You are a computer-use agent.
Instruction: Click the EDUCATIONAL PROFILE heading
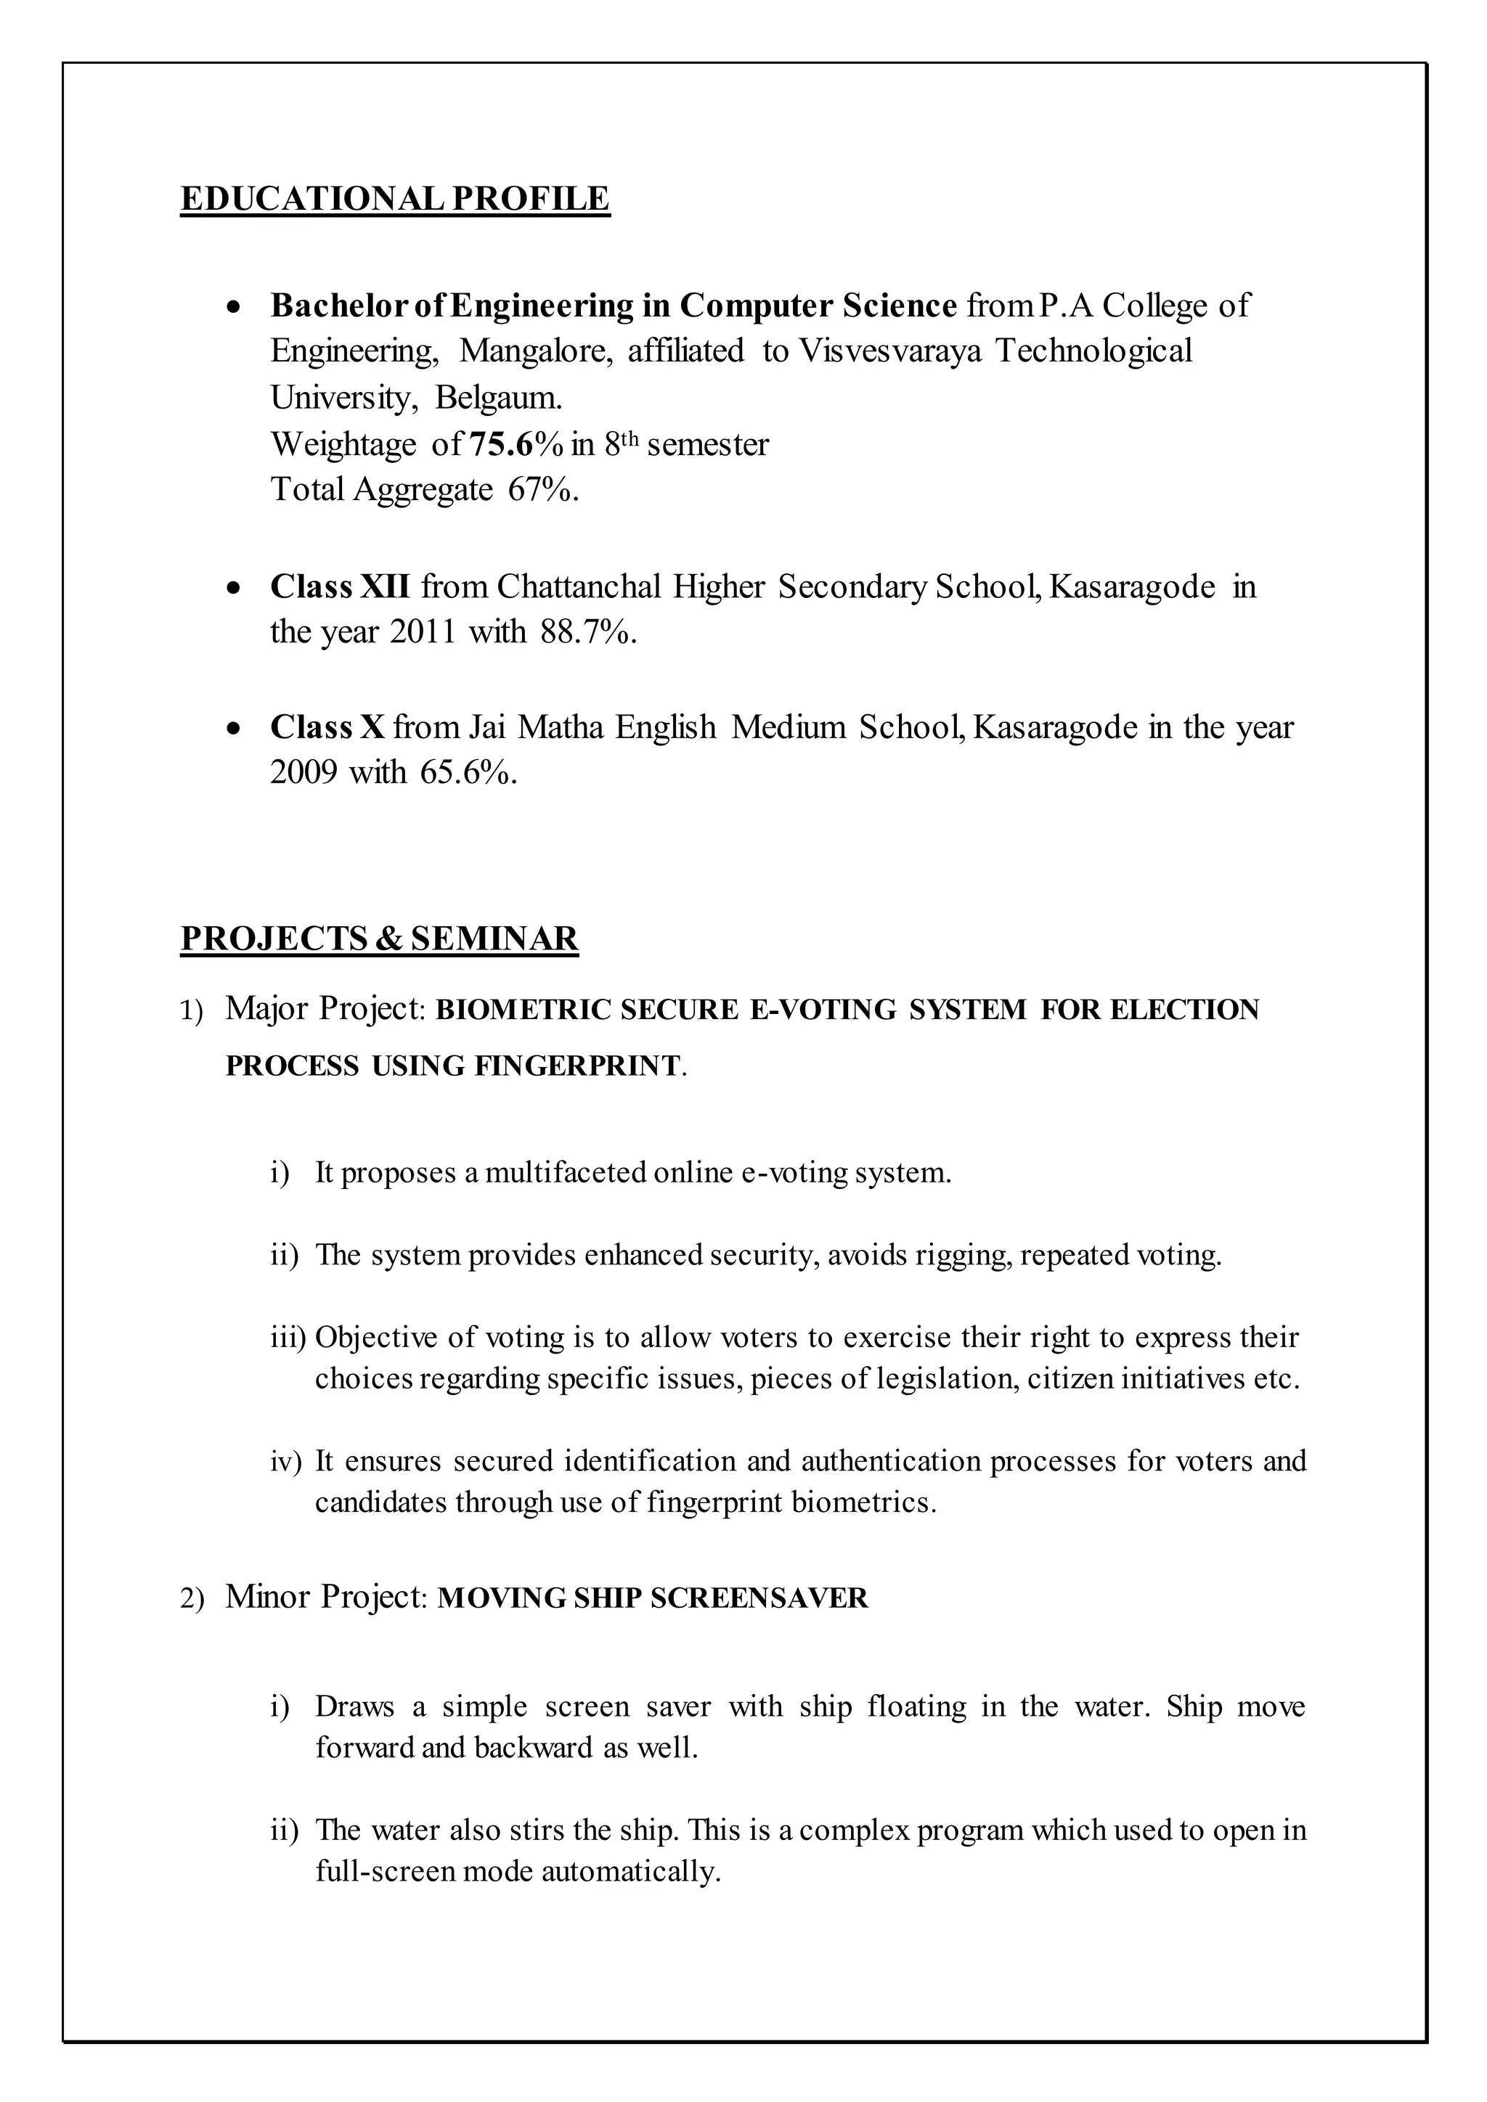[x=395, y=199]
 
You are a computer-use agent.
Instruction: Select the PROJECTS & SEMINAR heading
[x=379, y=939]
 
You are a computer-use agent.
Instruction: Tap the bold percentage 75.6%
[x=516, y=445]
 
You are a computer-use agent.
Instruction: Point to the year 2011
[x=422, y=631]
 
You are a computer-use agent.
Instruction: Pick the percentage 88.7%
[x=588, y=631]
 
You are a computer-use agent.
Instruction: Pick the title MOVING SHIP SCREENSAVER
[x=653, y=1598]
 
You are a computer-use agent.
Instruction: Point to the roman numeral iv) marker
[x=285, y=1462]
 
